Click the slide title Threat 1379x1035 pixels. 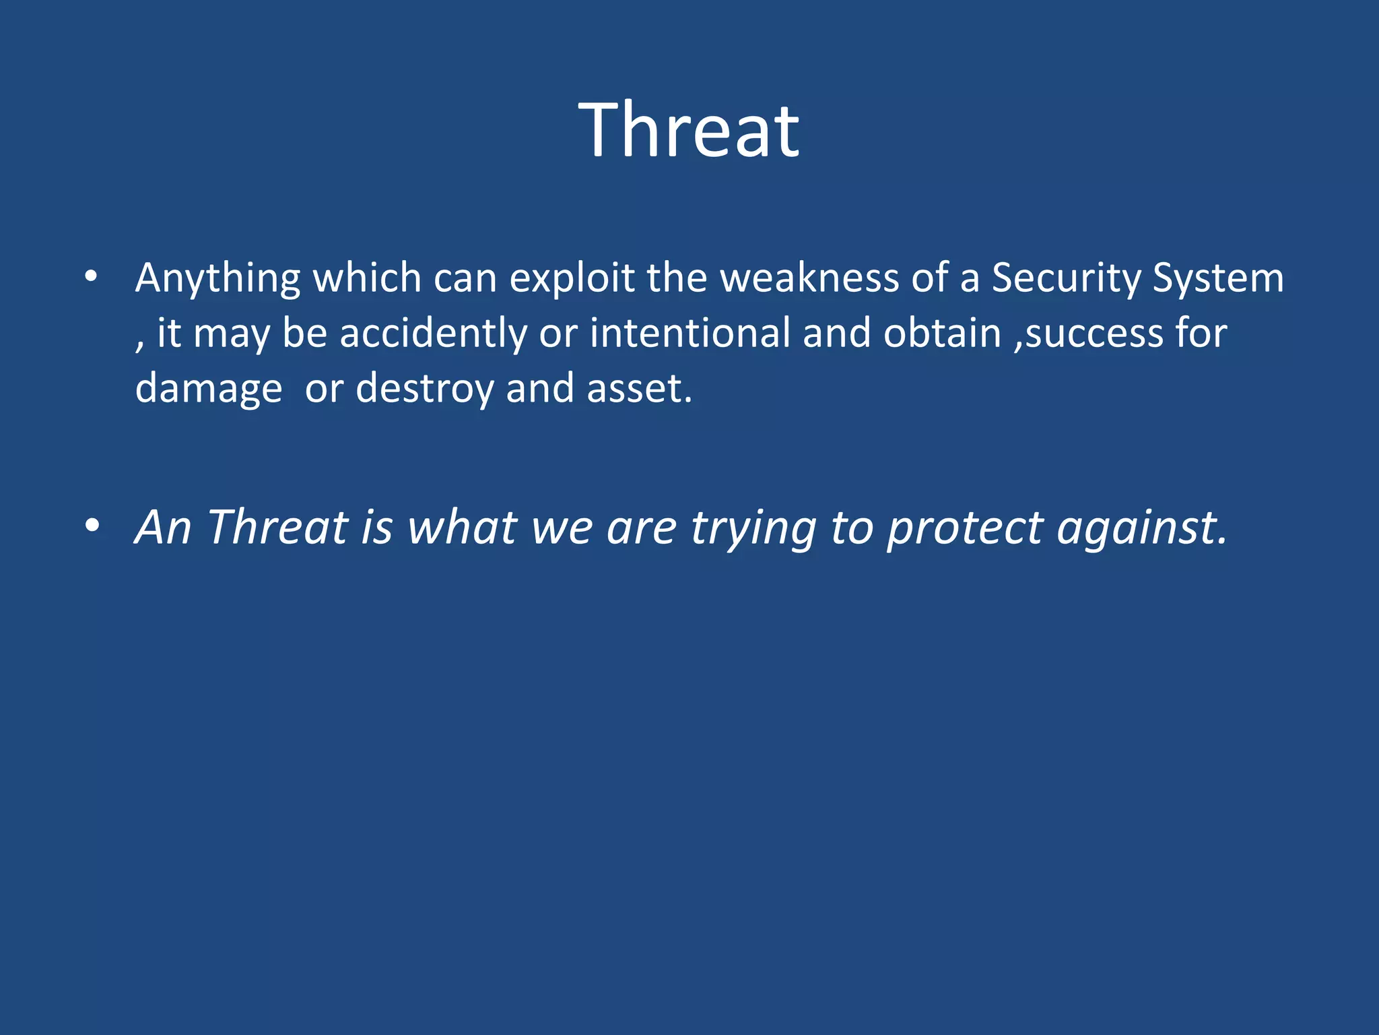pyautogui.click(x=689, y=130)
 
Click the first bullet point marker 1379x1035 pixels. pyautogui.click(x=92, y=276)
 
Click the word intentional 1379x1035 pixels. pyautogui.click(x=690, y=333)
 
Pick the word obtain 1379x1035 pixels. pyautogui.click(x=942, y=333)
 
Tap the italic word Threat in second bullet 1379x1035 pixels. pyautogui.click(x=277, y=527)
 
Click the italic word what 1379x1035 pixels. pyautogui.click(x=463, y=527)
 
